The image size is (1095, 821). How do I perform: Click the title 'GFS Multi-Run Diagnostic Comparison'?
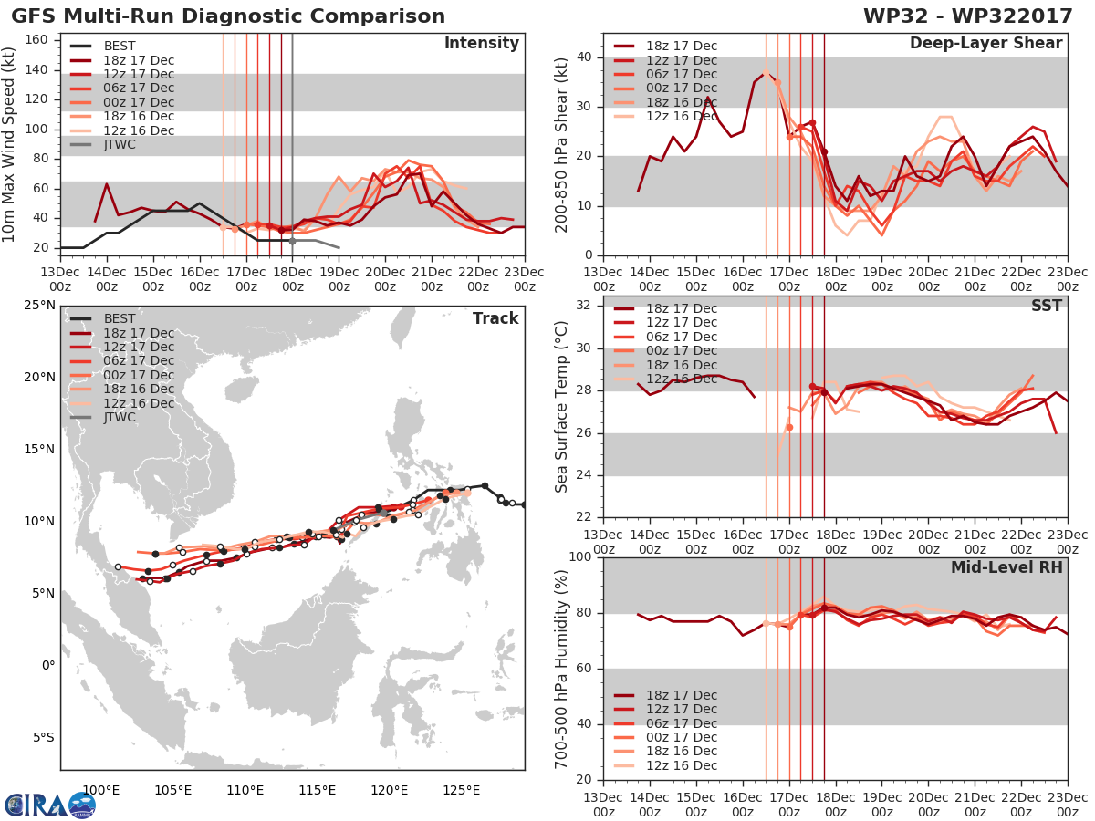click(228, 16)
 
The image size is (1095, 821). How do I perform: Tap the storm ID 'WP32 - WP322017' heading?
click(968, 16)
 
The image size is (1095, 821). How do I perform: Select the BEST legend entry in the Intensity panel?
click(102, 46)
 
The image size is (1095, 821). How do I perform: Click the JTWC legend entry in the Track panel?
click(102, 417)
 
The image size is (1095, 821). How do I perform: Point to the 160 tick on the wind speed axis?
click(36, 40)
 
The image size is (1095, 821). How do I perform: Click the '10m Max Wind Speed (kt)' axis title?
click(7, 144)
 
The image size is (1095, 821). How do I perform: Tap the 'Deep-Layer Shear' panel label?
click(985, 43)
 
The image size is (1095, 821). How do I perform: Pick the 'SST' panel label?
click(1047, 306)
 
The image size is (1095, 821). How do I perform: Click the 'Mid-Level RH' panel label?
click(1006, 567)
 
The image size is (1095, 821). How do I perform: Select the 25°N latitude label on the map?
click(39, 305)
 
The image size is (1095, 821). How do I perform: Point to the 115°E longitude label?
click(318, 790)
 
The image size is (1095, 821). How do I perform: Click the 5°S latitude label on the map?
click(44, 737)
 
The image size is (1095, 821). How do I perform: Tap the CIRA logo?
click(50, 805)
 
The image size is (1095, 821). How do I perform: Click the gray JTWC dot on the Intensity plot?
click(292, 241)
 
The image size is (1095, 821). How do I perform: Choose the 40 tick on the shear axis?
click(586, 57)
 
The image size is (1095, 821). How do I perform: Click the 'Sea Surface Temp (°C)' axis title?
click(560, 407)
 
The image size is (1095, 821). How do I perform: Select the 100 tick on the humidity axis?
click(581, 556)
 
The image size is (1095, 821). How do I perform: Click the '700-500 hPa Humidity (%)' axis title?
click(560, 670)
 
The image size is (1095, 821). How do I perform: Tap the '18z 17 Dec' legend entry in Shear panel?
click(665, 46)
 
